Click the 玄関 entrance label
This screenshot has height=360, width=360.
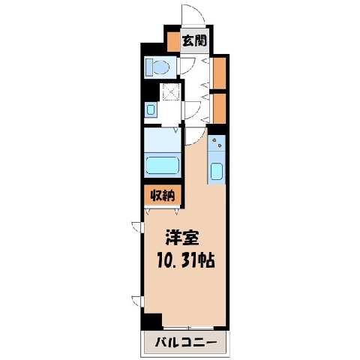point(195,40)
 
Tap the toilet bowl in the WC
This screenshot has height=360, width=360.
point(161,67)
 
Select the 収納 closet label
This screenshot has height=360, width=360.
point(162,196)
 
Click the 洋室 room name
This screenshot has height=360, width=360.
point(182,238)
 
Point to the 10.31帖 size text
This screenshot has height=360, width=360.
point(186,260)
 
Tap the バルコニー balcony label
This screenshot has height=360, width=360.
point(185,342)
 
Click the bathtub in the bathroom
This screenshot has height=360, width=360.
point(163,165)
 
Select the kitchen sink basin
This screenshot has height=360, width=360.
point(216,172)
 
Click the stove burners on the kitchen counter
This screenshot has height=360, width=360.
point(217,142)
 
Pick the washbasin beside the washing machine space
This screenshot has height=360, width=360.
point(151,110)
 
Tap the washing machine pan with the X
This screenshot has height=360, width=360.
point(171,91)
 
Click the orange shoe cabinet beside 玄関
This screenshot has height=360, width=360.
point(173,42)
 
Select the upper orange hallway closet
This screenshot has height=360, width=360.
point(220,73)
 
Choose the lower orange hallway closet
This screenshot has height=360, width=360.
point(220,109)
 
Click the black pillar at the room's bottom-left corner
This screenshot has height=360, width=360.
point(151,321)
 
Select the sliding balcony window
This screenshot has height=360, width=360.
point(188,328)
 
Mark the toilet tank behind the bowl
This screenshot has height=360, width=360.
point(149,67)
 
